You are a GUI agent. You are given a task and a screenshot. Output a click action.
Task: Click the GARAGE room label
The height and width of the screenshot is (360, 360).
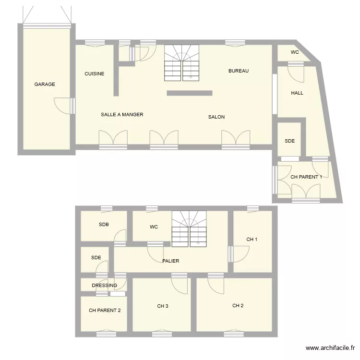coord(45,84)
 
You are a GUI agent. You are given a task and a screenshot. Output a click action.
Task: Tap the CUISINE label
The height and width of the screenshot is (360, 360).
coord(95,74)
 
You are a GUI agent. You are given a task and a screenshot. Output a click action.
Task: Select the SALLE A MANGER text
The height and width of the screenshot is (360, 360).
coord(122,115)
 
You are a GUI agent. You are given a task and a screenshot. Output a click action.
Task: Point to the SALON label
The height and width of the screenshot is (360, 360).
coord(216,117)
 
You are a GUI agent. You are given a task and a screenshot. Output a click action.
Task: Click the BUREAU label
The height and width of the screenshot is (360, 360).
coord(239,71)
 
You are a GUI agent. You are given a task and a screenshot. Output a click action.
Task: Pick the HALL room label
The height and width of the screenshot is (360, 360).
coord(297,93)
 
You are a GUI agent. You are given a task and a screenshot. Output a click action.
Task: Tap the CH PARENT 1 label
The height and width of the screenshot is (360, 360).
coord(306,177)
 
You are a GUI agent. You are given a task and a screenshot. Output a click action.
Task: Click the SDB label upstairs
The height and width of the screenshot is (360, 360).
coord(104,224)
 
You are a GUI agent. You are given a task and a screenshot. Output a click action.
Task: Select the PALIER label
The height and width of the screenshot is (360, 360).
coord(171,261)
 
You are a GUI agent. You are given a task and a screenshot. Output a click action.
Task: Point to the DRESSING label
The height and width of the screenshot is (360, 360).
coord(104,286)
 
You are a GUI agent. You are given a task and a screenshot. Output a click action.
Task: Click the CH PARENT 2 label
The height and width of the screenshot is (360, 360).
coord(105,310)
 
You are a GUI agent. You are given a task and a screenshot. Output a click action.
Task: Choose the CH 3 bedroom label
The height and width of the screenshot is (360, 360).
coord(162,306)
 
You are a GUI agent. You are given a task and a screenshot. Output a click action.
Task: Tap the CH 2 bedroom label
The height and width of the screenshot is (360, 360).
coord(238,305)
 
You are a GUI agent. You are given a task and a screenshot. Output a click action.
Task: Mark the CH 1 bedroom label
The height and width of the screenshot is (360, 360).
coord(252,240)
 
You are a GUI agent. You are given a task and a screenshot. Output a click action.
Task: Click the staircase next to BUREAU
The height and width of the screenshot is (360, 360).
coord(182,63)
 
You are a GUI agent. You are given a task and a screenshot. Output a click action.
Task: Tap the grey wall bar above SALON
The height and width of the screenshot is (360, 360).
coord(189,93)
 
